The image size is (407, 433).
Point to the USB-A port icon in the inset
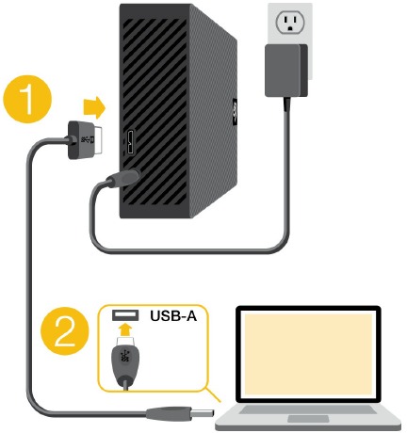point(122,314)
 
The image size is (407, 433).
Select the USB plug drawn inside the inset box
point(122,363)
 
